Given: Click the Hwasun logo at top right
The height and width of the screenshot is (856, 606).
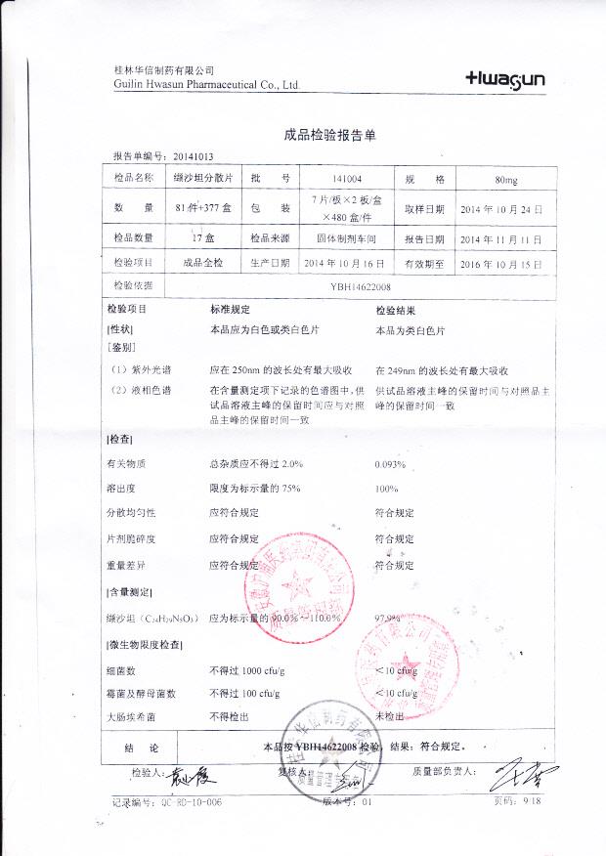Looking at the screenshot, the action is (505, 79).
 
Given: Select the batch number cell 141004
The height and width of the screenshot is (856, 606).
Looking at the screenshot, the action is (347, 179).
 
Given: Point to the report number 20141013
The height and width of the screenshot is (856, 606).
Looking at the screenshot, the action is (194, 156).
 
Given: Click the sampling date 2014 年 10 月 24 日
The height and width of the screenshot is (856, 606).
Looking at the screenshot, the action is (499, 209).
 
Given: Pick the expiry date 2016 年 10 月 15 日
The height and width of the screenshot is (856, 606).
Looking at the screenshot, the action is (499, 264).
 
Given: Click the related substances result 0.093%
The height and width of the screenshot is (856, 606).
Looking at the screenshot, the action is (390, 463).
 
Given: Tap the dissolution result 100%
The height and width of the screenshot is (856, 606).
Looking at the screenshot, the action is (387, 488).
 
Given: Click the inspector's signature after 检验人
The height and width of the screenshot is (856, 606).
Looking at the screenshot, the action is (186, 776).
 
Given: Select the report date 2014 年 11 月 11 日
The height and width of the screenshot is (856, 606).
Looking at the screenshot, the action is (499, 238).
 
